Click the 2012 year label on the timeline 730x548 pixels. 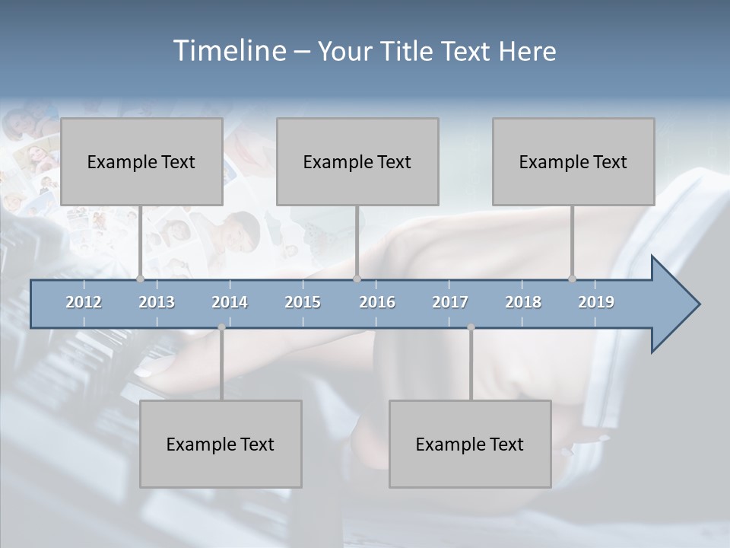(84, 302)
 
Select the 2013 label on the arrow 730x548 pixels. (157, 302)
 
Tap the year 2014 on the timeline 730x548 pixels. (230, 302)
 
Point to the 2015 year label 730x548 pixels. (303, 302)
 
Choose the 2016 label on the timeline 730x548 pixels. (377, 302)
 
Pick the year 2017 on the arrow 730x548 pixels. (450, 302)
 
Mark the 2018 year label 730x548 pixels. (523, 302)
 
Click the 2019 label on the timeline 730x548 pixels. (596, 302)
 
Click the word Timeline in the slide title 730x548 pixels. (227, 50)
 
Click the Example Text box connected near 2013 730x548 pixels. (141, 161)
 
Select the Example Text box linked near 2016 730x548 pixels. (357, 161)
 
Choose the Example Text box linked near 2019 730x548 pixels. (573, 161)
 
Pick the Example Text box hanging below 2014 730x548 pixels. (221, 444)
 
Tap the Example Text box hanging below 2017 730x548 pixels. (470, 444)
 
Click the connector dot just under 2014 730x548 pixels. (221, 327)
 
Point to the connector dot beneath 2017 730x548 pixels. (471, 327)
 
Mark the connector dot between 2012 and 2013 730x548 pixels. (140, 279)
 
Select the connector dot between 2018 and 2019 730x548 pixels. (572, 279)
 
